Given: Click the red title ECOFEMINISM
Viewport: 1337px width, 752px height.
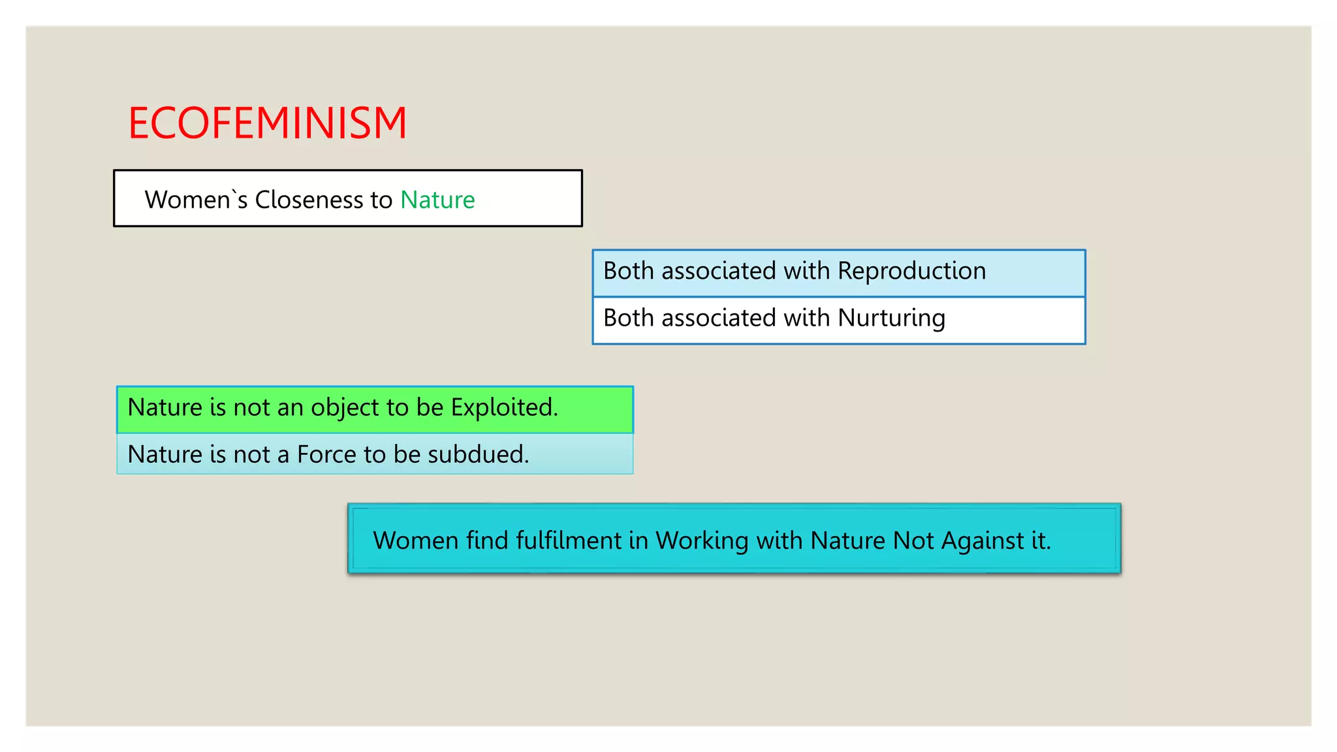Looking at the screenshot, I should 267,123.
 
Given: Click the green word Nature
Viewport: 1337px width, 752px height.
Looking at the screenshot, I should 437,200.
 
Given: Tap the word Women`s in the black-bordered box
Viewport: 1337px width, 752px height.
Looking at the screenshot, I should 196,200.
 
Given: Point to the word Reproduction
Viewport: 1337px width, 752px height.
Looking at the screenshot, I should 911,271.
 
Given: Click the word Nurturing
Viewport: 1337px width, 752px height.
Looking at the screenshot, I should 891,319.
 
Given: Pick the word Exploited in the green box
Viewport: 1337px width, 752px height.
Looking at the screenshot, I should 504,407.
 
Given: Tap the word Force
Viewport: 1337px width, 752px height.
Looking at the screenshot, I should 326,454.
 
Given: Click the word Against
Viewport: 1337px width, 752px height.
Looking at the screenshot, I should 983,541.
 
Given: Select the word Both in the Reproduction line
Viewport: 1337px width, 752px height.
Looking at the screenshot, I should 628,271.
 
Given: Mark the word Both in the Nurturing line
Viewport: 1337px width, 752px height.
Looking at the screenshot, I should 628,318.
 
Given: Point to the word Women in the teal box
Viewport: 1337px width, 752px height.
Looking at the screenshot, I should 415,540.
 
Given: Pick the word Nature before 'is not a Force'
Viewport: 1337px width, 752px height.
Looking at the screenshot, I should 165,454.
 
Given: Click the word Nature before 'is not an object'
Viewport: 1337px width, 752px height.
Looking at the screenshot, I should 165,407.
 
